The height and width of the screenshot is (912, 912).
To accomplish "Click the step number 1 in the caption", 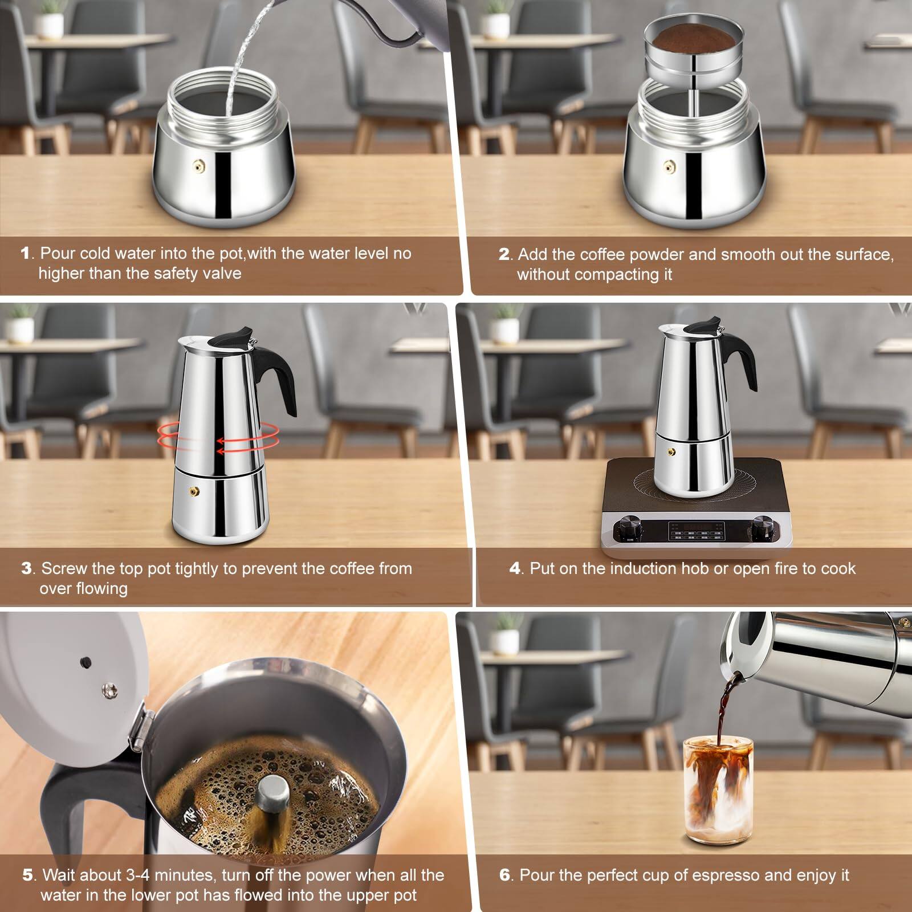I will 25,254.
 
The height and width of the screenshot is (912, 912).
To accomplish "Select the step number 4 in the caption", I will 515,568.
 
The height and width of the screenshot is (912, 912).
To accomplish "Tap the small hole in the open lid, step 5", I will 85,662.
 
